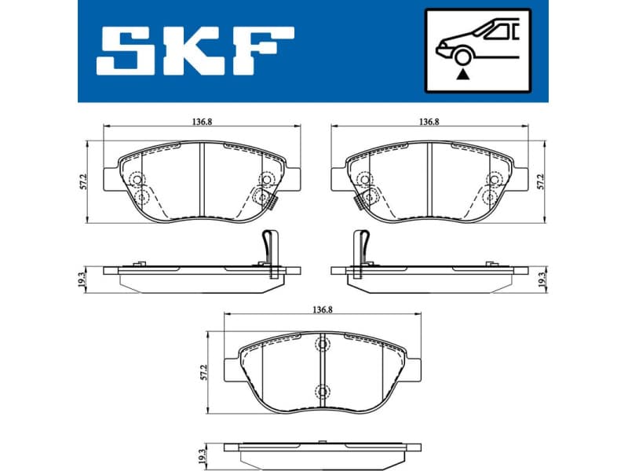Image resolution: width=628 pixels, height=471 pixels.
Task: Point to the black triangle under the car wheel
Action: click(x=464, y=74)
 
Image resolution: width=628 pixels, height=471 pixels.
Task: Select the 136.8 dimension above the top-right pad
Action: click(x=428, y=122)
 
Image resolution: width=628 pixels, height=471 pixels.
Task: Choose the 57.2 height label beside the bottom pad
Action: click(x=205, y=372)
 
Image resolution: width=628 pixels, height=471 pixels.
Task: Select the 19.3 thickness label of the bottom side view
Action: click(x=203, y=455)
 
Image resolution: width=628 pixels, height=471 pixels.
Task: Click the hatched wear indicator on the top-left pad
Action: click(x=273, y=203)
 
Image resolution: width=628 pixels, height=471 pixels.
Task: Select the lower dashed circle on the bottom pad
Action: click(x=321, y=392)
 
